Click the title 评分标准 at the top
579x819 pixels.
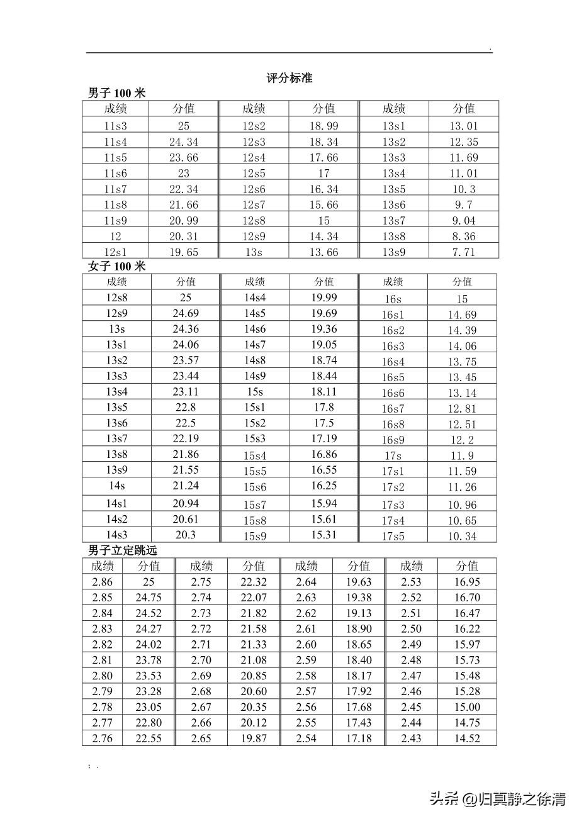pos(289,79)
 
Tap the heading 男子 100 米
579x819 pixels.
pos(116,93)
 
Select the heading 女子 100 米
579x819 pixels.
pos(116,266)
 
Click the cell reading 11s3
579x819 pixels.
pos(115,126)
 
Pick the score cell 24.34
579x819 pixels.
pos(183,142)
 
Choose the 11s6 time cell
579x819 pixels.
pos(115,174)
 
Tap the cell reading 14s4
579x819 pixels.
pos(255,298)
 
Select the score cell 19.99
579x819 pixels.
pos(324,298)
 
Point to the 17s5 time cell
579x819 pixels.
pos(393,536)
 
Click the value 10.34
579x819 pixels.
pos(462,536)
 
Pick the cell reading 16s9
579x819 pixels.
pos(393,440)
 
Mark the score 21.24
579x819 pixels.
pos(185,486)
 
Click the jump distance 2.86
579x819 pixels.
pos(103,582)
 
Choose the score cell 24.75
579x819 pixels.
pos(149,598)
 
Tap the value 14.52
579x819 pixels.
pos(467,738)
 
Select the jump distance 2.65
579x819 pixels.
pos(201,738)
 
